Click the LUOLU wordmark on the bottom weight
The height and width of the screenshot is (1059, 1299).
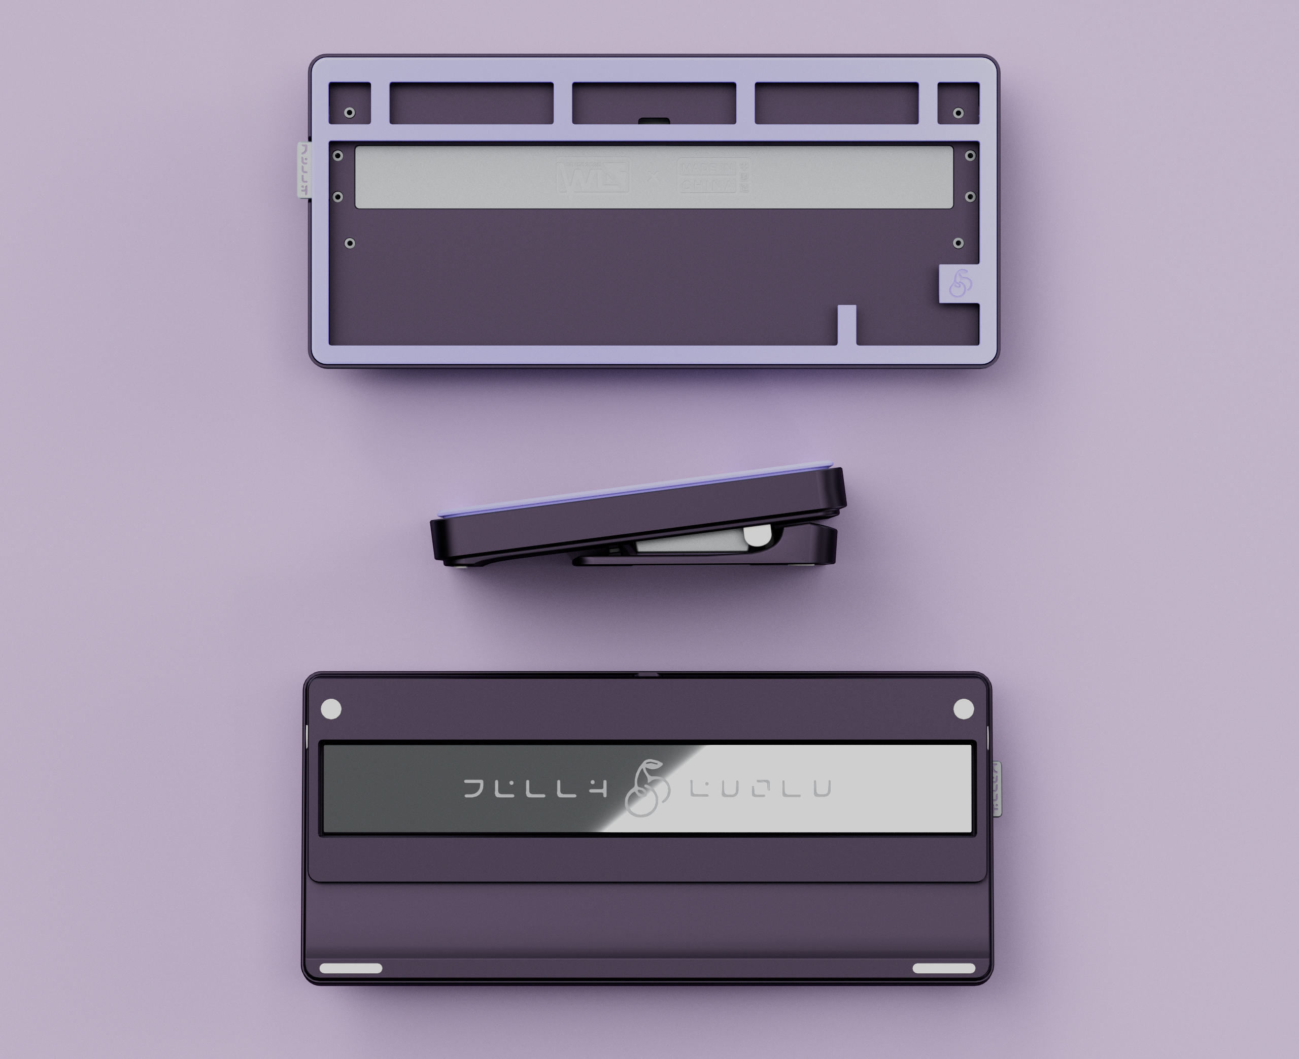click(761, 789)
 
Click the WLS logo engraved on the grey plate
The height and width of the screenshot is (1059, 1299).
click(592, 176)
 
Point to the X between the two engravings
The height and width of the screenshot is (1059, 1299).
click(653, 176)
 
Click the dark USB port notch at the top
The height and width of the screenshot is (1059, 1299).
click(654, 121)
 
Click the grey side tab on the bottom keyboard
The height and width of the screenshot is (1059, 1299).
click(997, 788)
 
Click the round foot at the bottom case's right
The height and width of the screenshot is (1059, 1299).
click(964, 709)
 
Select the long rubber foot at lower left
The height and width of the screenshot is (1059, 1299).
click(351, 968)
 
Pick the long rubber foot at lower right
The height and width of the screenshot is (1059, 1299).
click(943, 968)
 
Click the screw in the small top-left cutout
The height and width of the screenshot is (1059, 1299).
click(350, 113)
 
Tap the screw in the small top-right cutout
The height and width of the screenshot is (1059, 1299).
click(958, 113)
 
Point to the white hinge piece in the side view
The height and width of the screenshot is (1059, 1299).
click(756, 536)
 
